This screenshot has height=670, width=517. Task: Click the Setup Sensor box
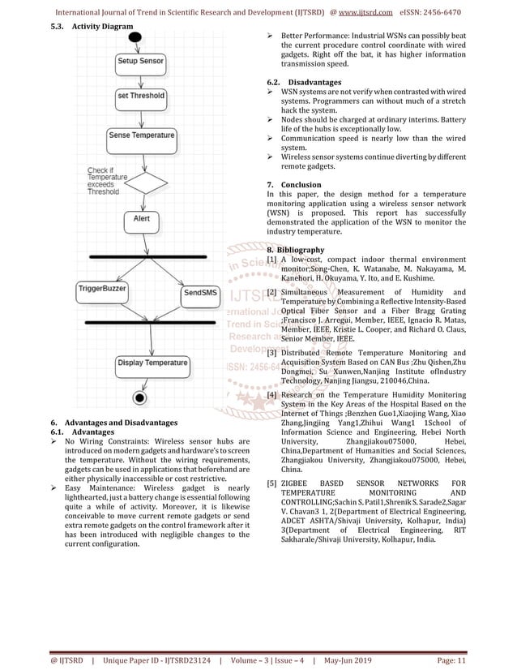click(x=140, y=62)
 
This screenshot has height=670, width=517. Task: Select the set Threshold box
click(x=141, y=96)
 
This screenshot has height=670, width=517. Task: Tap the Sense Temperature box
click(x=141, y=135)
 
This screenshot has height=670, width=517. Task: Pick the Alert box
click(x=141, y=219)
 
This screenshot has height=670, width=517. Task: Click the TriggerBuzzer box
click(x=102, y=289)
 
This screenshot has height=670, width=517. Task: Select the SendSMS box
click(x=199, y=292)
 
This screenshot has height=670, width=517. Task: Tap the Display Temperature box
click(x=152, y=363)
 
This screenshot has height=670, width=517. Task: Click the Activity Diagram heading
click(x=101, y=28)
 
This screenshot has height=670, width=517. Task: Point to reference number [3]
click(x=272, y=354)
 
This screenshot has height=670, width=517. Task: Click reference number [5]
click(x=272, y=484)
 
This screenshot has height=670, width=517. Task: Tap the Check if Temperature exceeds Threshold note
click(x=103, y=181)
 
